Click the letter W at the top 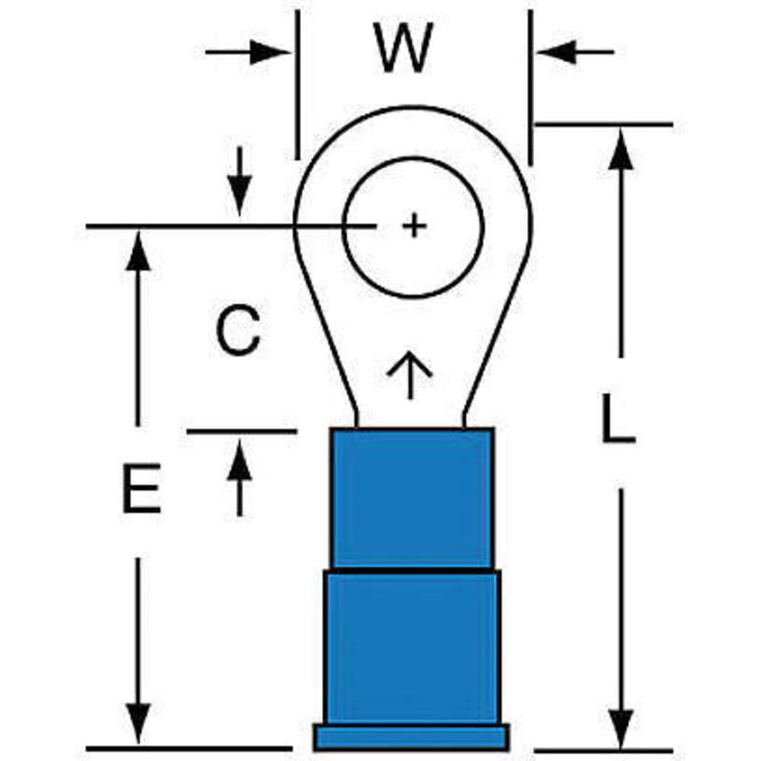tap(403, 49)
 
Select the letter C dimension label tap(237, 331)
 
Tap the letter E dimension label tap(142, 488)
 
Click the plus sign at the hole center tap(413, 226)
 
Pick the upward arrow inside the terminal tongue tap(409, 375)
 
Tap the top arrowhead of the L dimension tap(622, 148)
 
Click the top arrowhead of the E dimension tap(138, 251)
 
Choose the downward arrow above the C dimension tap(240, 194)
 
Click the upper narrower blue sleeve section tap(412, 498)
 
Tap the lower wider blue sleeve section tap(412, 647)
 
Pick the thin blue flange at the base tap(411, 737)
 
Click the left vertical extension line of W tap(298, 84)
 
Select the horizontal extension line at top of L tap(605, 123)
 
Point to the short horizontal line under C tap(241, 431)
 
